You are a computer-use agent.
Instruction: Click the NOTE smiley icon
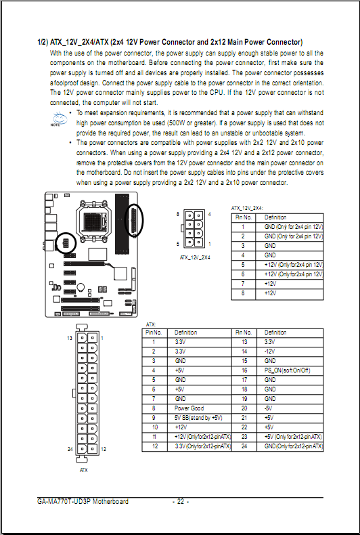[x=59, y=119]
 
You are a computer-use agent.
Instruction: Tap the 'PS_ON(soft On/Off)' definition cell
[x=288, y=370]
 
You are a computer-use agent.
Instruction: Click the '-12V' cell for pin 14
[x=269, y=351]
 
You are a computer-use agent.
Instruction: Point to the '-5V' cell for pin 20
[x=268, y=408]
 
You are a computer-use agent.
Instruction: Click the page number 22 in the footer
[x=181, y=501]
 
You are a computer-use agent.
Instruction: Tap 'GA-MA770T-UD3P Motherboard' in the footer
[x=83, y=501]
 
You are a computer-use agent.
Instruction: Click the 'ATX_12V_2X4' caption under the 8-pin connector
[x=195, y=257]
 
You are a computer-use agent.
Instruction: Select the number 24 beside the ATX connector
[x=70, y=449]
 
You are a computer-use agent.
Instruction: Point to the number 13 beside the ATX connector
[x=70, y=338]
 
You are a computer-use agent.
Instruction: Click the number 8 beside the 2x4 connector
[x=177, y=214]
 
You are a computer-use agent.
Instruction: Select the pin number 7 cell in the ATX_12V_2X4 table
[x=243, y=283]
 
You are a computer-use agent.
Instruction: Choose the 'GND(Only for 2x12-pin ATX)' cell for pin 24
[x=293, y=446]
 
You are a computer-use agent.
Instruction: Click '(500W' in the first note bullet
[x=177, y=123]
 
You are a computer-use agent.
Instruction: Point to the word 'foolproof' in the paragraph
[x=66, y=83]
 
